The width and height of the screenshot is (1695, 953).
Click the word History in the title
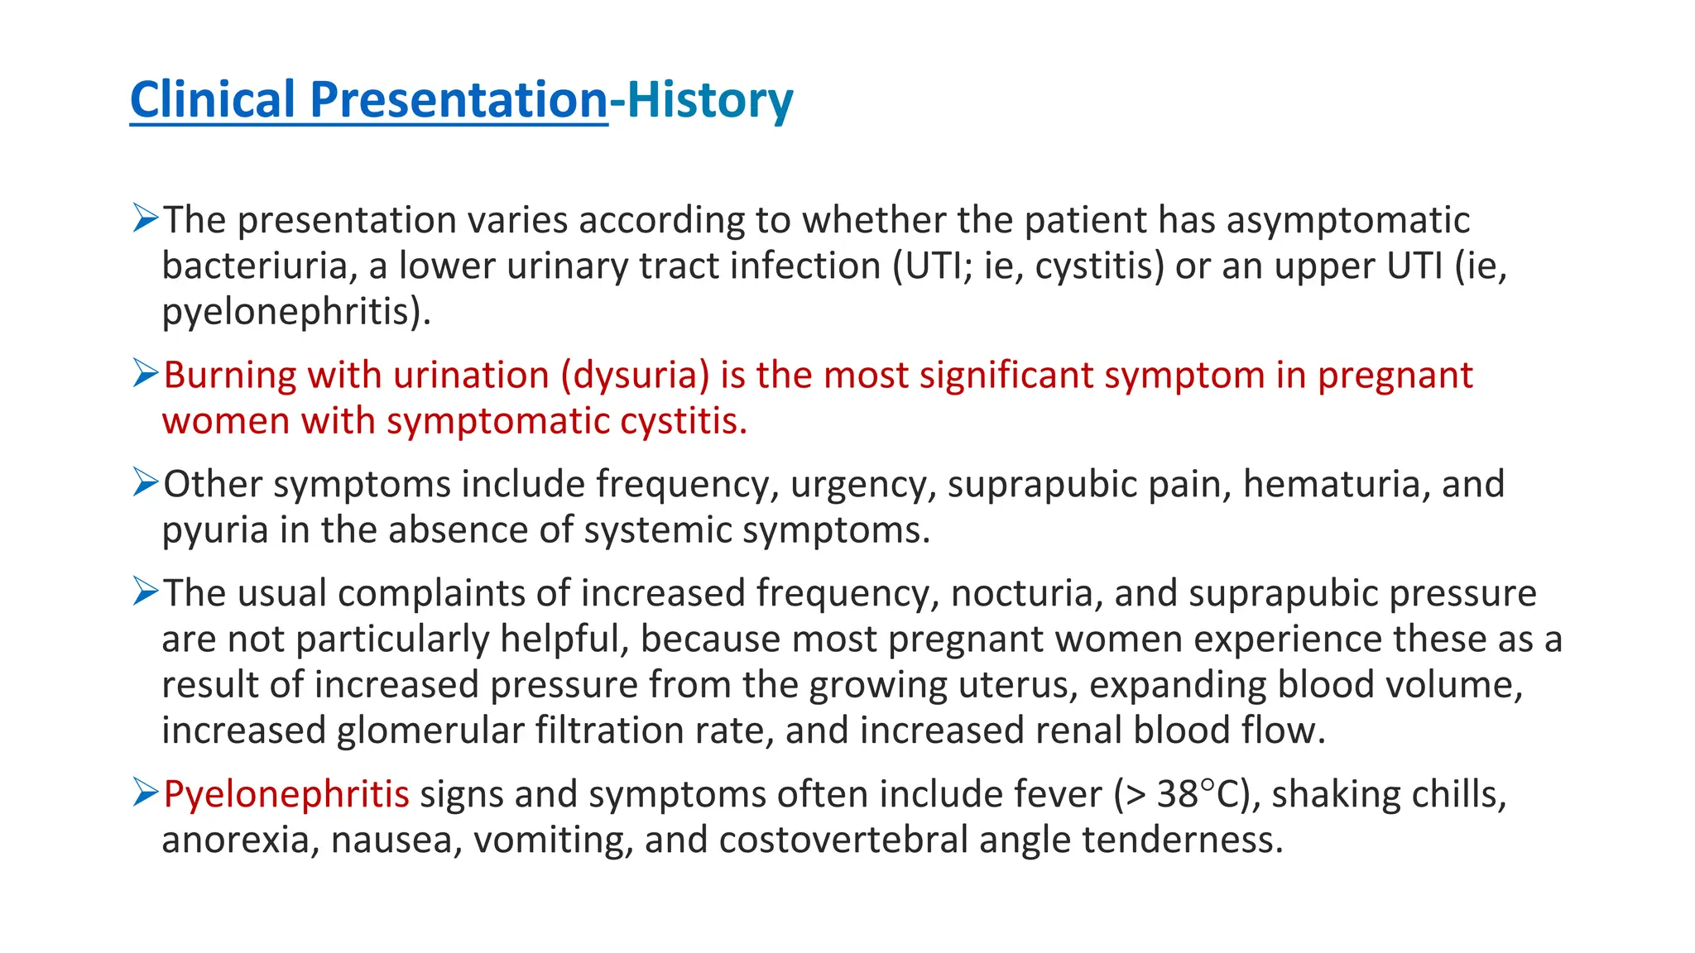(710, 100)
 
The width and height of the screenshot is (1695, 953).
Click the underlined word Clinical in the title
(213, 100)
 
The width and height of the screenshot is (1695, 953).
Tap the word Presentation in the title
(459, 100)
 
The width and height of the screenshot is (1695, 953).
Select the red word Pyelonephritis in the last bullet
(286, 794)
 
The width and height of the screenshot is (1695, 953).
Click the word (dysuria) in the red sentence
(635, 376)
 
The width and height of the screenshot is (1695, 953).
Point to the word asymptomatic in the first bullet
(1347, 220)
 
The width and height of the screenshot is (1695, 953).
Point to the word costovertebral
(843, 840)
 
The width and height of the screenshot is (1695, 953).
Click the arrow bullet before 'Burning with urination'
(145, 374)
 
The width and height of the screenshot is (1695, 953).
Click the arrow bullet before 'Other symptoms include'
(145, 482)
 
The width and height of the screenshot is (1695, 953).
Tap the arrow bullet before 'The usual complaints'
(145, 592)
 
